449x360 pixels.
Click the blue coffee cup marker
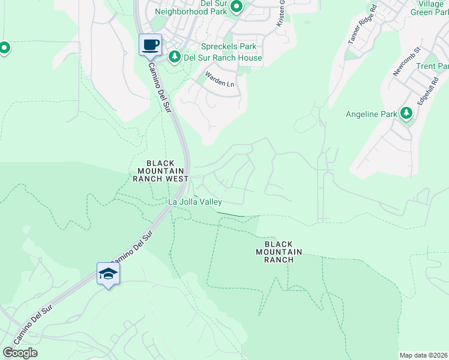[x=150, y=44]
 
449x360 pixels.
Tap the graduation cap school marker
[x=108, y=274]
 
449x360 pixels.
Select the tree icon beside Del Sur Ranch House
[x=175, y=57]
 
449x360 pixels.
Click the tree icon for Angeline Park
[x=406, y=113]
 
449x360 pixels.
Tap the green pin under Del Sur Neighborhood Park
[x=237, y=7]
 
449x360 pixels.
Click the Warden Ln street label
[x=219, y=79]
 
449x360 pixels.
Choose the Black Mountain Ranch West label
[x=160, y=171]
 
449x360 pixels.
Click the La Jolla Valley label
[x=195, y=202]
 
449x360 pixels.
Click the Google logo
[x=20, y=353]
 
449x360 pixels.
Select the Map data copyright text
[x=424, y=355]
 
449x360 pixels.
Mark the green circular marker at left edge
[x=4, y=47]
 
